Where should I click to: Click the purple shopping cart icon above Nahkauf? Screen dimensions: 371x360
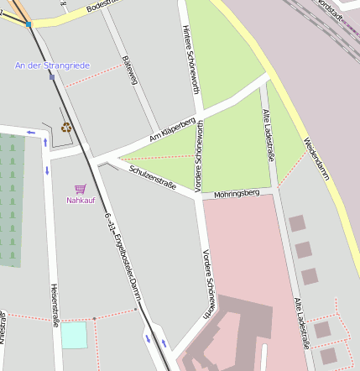(81, 189)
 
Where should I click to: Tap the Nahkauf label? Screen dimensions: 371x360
(81, 201)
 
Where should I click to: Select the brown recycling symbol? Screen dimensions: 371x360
(66, 128)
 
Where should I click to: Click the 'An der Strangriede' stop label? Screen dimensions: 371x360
(52, 65)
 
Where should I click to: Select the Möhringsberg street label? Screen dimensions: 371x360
(243, 194)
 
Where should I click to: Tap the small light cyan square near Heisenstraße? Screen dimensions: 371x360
(74, 335)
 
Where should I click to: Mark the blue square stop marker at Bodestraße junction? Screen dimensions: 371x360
(29, 24)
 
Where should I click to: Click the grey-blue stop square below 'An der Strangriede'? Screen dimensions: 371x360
(52, 77)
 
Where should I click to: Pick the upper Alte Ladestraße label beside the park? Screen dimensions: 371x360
(267, 130)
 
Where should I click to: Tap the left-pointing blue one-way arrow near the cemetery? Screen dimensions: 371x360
(31, 132)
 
